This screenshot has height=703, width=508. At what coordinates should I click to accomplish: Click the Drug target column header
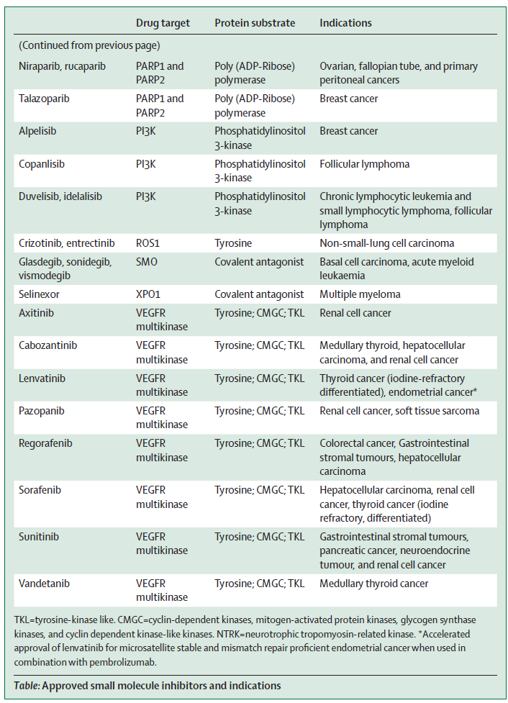pos(163,23)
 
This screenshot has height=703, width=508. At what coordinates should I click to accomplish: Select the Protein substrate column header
pos(255,23)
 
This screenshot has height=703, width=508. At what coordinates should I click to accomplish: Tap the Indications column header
pos(345,23)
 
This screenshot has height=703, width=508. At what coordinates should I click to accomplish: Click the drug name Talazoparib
pos(44,99)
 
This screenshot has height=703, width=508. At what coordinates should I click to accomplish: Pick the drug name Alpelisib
pos(37,132)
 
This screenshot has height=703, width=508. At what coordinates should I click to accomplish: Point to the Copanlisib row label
pos(42,164)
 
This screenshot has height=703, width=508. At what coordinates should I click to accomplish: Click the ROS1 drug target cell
pos(148,243)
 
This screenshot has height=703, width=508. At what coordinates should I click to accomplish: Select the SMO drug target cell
pos(147,262)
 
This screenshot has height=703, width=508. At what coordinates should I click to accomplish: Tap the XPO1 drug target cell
pos(148,294)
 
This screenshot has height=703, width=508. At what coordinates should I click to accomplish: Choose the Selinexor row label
pos(39,294)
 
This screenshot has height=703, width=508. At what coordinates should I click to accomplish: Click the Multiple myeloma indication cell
pos(360,294)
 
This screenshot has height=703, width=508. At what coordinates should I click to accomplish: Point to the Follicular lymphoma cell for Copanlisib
pos(365,164)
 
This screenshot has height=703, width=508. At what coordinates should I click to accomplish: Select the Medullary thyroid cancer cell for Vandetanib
pos(374,584)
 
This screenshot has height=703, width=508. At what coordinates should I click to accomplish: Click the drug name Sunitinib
pos(39,537)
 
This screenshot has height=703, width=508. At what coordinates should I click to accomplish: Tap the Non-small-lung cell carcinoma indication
pos(387,243)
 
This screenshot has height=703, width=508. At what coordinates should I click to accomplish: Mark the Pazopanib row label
pos(41,411)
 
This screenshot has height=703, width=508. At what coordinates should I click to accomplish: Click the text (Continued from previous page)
pos(89,46)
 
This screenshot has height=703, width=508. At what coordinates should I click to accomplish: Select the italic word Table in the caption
pos(27,686)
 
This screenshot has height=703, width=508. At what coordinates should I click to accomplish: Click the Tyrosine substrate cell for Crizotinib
pos(233,243)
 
